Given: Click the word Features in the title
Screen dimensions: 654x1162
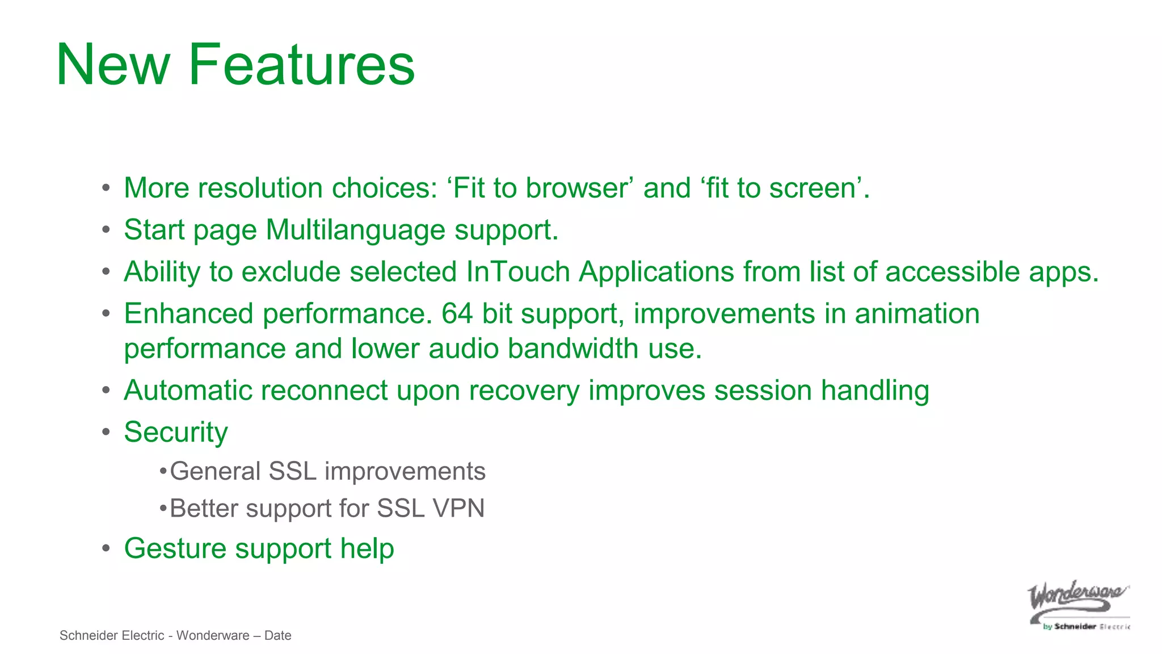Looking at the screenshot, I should [301, 65].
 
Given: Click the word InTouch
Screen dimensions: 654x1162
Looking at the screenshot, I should [517, 272].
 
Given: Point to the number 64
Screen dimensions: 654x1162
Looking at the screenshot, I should [457, 314].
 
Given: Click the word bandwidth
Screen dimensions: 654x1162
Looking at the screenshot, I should [573, 349].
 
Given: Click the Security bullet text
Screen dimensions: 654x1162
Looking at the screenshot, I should [176, 433].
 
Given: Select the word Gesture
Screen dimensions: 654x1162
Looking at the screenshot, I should [176, 549].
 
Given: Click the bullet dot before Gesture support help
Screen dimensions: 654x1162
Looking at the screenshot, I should [106, 548].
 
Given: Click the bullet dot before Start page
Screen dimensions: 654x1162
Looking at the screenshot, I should [106, 230].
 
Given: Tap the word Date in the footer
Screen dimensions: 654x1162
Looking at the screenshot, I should [277, 635].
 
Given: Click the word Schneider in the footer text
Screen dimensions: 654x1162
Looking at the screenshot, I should [87, 635].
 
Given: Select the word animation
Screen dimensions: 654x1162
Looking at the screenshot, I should [917, 314].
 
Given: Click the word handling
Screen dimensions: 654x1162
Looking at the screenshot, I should [875, 391].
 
